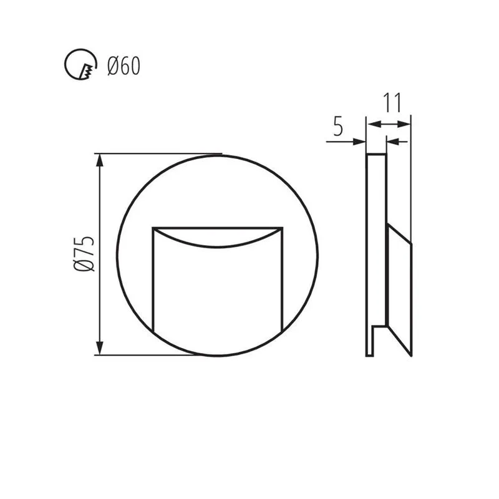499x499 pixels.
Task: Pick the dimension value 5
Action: pos(337,127)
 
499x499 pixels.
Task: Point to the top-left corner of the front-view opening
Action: pos(153,228)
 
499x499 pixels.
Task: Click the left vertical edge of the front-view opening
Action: pos(153,281)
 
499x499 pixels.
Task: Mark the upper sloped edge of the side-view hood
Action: pos(399,231)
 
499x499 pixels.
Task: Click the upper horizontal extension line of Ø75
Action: pos(159,153)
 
